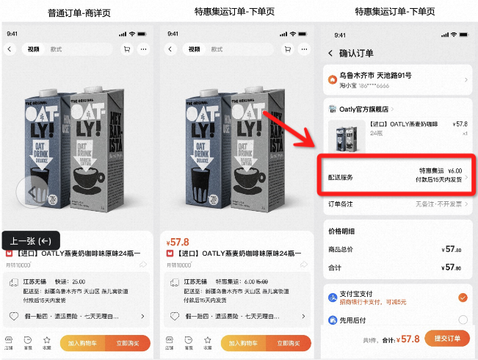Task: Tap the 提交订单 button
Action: point(447,339)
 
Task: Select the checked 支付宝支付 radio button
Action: point(462,298)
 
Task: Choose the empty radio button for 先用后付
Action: point(462,320)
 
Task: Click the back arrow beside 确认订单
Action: point(330,53)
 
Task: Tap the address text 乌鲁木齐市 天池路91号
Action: point(374,76)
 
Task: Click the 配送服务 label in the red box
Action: point(342,177)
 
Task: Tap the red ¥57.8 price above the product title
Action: point(178,242)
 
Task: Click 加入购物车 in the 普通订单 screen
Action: point(82,342)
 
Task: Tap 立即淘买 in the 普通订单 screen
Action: point(128,342)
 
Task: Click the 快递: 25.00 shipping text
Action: point(72,281)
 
